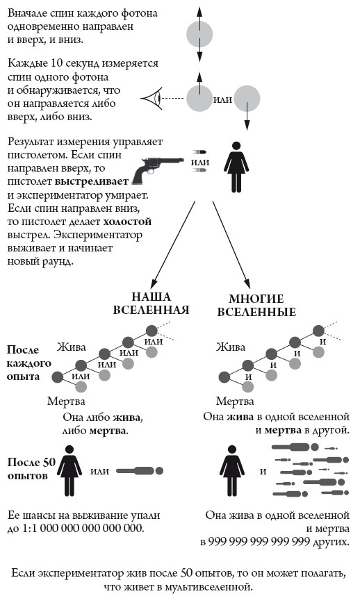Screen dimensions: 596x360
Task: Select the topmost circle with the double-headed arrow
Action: point(199,34)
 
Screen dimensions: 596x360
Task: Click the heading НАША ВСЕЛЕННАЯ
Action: point(151,303)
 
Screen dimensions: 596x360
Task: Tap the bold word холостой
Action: point(127,222)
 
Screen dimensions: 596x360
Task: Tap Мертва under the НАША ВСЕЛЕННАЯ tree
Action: point(66,402)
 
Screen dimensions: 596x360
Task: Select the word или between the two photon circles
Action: point(222,99)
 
